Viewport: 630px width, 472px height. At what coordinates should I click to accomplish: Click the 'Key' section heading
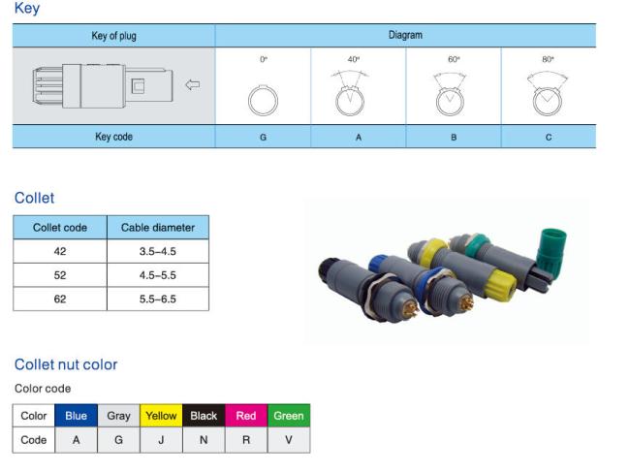[27, 9]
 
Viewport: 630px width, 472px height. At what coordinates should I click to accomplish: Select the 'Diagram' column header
[405, 35]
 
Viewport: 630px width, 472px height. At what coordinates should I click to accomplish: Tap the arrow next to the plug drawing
[192, 84]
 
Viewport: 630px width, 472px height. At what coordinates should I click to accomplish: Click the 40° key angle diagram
[358, 97]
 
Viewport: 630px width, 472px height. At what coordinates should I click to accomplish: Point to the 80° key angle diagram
[548, 97]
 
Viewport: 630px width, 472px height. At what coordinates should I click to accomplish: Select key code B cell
[453, 138]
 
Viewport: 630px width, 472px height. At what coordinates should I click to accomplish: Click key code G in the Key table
[263, 138]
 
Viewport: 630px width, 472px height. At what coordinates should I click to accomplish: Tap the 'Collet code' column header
[60, 228]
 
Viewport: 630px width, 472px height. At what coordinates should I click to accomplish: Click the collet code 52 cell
[60, 275]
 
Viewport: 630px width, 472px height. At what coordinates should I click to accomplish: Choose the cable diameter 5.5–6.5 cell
[158, 299]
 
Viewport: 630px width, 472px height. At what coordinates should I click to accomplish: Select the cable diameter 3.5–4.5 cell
[158, 252]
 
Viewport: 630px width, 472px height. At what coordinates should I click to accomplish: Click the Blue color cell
[76, 416]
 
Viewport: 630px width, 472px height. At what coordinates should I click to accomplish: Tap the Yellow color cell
[161, 416]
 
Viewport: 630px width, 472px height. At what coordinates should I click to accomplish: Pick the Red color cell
[246, 416]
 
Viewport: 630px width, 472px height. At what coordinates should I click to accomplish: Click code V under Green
[289, 439]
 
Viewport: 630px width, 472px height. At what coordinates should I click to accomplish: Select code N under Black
[204, 439]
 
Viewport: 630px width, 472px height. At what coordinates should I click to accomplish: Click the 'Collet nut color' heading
[66, 364]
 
